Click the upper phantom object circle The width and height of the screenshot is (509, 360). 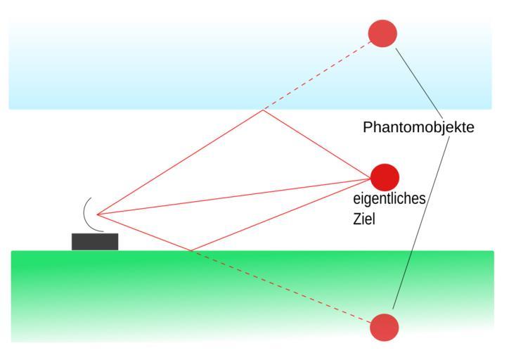pos(382,34)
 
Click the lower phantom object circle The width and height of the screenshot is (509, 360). pos(384,328)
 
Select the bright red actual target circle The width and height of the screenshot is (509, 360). pos(385,176)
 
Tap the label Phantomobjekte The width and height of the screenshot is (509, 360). pos(418,127)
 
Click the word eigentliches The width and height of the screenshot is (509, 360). pos(389,199)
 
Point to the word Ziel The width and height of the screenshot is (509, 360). pos(364,219)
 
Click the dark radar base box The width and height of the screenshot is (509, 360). pos(95,241)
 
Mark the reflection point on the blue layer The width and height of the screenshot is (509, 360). pos(262,110)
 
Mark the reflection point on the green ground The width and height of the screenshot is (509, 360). pos(191,250)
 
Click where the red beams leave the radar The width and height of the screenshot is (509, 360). pos(97,214)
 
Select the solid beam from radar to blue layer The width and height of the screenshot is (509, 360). pos(179,162)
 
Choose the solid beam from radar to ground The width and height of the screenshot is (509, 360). pos(143,232)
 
